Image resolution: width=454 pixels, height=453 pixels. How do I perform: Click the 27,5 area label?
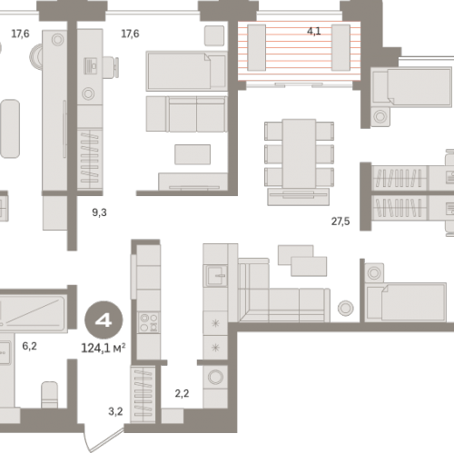coord(340,222)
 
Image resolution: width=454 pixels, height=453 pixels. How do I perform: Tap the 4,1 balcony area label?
coord(314,31)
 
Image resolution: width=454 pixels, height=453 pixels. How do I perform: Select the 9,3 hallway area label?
coord(99,212)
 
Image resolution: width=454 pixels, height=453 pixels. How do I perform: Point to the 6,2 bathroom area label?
coord(29,346)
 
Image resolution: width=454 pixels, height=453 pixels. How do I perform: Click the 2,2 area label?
coord(182,393)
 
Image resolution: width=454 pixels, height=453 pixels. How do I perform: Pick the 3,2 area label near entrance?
coord(115,411)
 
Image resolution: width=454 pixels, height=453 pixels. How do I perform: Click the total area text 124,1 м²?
coord(104,349)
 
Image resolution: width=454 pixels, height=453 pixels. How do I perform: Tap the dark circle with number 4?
coord(104,320)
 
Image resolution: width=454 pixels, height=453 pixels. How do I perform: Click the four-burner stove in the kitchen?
coord(148,322)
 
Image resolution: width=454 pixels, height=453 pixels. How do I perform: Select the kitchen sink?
coord(215,276)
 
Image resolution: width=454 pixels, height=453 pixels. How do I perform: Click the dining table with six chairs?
coord(299,153)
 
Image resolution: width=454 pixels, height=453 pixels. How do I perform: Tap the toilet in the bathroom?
coord(49,395)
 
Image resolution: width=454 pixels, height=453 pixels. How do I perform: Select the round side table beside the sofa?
coord(345,308)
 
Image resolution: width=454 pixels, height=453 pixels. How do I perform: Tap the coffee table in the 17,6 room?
coord(192,154)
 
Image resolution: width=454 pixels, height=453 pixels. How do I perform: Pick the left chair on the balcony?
coord(257,47)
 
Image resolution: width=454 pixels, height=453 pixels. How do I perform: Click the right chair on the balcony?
coord(340,47)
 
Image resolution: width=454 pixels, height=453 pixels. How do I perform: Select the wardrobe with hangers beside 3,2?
coord(143,395)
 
